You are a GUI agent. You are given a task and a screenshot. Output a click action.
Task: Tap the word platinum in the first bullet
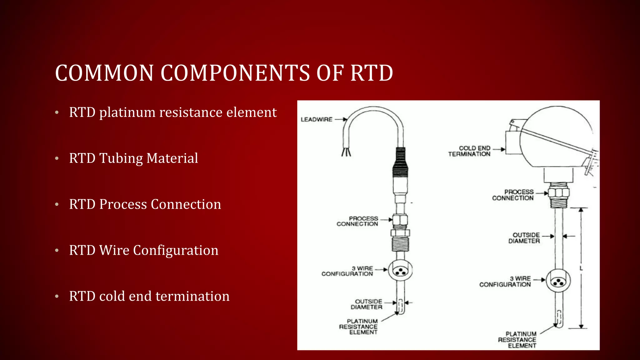click(127, 112)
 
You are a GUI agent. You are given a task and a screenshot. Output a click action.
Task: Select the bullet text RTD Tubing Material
click(133, 158)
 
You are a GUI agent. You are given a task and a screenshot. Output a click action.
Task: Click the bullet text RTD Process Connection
click(145, 204)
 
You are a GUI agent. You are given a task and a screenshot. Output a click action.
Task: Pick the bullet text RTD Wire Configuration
click(143, 250)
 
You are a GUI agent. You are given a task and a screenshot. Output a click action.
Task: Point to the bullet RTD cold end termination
click(149, 296)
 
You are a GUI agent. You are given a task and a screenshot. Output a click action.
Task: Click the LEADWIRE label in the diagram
click(316, 119)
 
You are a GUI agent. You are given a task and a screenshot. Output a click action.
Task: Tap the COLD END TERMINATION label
click(470, 151)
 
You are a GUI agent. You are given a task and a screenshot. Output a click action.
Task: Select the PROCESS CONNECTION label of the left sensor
click(358, 221)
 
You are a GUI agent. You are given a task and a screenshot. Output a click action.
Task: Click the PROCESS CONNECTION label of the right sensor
click(513, 195)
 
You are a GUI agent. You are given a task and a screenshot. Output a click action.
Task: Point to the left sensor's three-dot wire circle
click(400, 271)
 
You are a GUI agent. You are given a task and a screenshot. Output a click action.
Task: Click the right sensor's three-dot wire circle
click(558, 281)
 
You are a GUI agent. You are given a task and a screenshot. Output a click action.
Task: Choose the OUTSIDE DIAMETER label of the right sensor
click(524, 238)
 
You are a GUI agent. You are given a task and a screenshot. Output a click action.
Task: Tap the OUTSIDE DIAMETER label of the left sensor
click(367, 304)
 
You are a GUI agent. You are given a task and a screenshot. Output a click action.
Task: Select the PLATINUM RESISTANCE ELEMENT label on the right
click(517, 340)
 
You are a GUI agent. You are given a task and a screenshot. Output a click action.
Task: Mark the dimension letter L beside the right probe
click(581, 268)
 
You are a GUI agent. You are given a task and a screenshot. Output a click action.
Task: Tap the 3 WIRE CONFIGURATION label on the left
click(347, 271)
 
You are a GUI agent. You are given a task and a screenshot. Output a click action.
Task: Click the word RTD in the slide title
click(372, 73)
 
